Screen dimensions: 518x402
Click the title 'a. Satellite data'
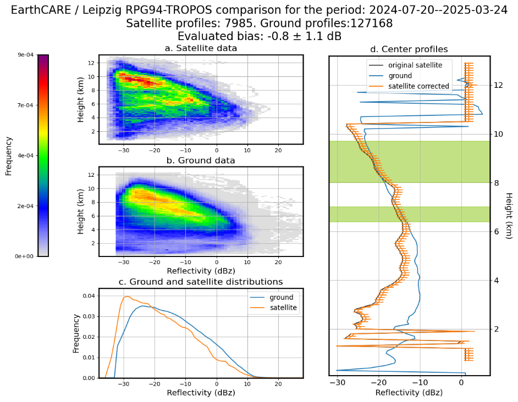201,48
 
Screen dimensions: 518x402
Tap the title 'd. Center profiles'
409,49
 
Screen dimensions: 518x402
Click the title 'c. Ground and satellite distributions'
201,282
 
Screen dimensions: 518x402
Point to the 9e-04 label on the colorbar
26,55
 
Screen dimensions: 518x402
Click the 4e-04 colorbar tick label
26,155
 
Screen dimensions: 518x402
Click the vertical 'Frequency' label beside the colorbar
8,156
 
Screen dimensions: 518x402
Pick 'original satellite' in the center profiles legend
415,65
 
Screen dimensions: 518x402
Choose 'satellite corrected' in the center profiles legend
418,86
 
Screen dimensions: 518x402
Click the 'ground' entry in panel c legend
281,297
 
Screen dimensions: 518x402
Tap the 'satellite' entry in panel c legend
283,308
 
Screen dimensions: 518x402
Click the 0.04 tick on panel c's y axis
89,295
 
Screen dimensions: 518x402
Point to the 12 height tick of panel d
499,85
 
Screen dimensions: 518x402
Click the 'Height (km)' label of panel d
509,216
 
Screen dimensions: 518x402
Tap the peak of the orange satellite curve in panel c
126,297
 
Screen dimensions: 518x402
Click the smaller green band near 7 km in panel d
409,214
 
